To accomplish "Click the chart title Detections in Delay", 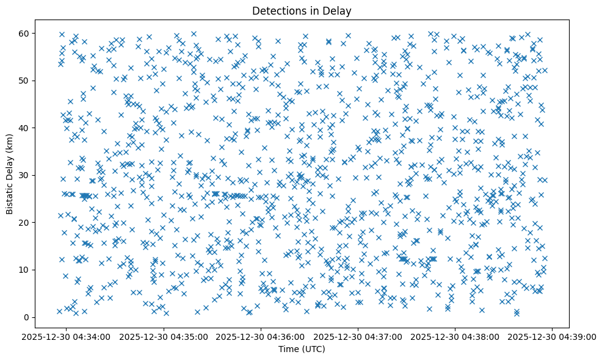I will (302, 10).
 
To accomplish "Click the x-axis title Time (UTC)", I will (302, 349).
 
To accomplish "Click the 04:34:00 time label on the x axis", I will (67, 336).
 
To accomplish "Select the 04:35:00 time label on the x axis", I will (164, 336).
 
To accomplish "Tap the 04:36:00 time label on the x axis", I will (261, 336).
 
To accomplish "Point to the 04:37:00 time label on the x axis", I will (358, 336).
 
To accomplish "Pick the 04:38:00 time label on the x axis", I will (455, 336).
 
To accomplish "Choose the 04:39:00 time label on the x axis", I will (553, 336).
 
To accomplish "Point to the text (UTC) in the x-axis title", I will (313, 349).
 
